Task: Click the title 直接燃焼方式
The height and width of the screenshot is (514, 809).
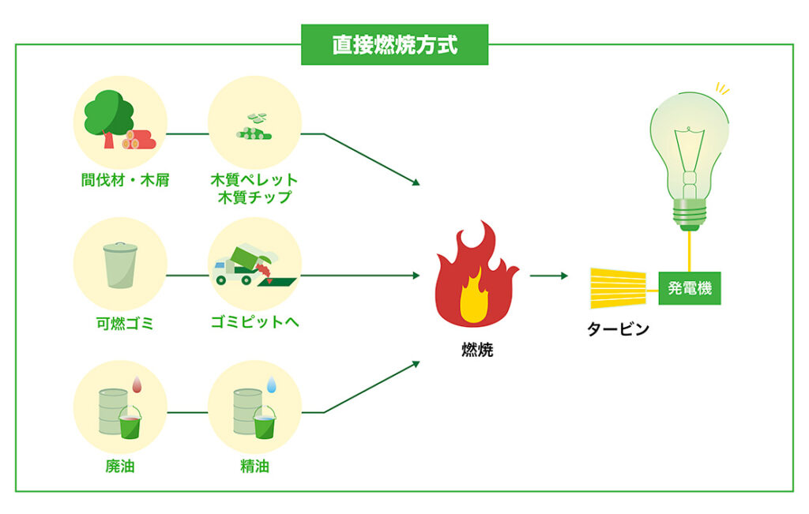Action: point(395,45)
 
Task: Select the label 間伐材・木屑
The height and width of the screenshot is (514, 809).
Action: point(126,180)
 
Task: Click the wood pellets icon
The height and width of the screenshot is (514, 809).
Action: point(254,127)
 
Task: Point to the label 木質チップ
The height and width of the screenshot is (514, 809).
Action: point(254,197)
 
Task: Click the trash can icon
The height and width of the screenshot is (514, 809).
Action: point(120,265)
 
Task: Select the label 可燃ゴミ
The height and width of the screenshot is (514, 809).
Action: point(125,323)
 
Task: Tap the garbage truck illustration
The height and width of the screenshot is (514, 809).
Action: point(254,266)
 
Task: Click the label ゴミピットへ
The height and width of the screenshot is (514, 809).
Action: point(255,321)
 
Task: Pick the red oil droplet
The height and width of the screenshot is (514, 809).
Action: point(137,384)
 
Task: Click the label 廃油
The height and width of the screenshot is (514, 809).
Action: point(120,466)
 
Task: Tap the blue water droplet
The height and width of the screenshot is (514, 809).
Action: point(272,384)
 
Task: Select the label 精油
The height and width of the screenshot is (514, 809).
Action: point(254,466)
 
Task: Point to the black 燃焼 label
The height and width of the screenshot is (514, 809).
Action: point(477,350)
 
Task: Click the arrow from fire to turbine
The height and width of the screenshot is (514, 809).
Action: point(549,276)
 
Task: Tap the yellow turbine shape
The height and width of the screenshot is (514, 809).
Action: point(618,288)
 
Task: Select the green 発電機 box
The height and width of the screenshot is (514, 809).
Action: point(690,288)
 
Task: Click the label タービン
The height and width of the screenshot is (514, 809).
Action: point(618,329)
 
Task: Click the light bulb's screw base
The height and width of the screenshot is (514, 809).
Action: point(690,214)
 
